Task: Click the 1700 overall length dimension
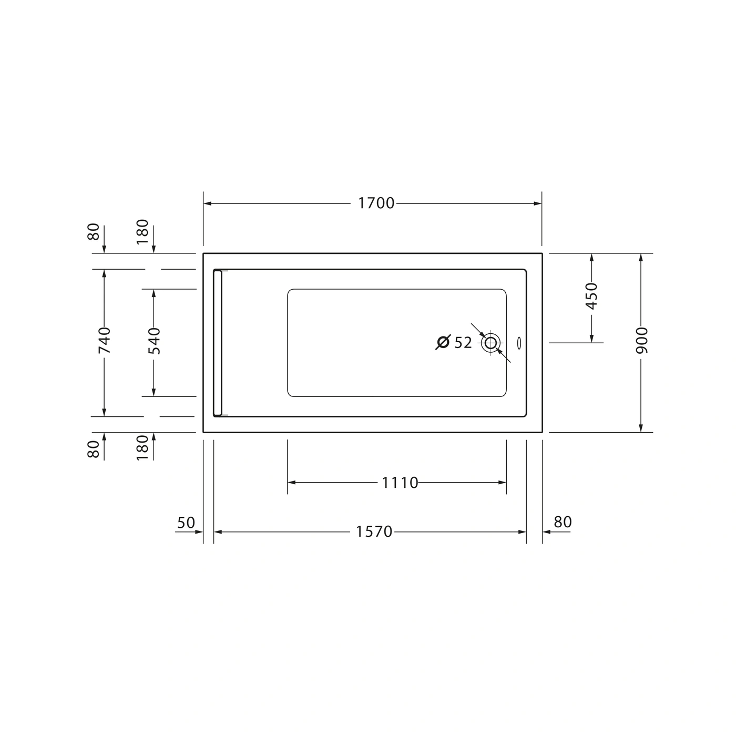point(376,203)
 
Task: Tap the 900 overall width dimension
point(642,340)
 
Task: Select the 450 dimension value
point(591,296)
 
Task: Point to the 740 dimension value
point(104,340)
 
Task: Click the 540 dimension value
point(154,341)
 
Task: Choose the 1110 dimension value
point(400,483)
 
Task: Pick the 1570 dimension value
point(374,531)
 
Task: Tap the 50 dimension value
point(186,523)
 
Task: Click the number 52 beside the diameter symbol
point(463,343)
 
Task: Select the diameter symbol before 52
point(443,342)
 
